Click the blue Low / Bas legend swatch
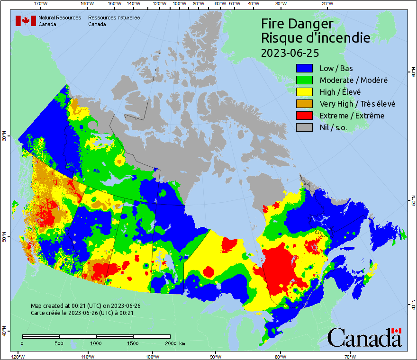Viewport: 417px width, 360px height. [305, 68]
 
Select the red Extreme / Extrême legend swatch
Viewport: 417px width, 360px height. [305, 116]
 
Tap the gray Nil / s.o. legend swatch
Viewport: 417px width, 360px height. [305, 127]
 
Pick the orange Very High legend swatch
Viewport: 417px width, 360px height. [305, 104]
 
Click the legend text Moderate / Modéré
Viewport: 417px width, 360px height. [354, 80]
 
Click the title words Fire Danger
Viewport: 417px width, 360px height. [297, 24]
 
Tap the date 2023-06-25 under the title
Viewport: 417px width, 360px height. [290, 52]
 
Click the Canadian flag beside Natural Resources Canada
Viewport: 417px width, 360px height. [26, 21]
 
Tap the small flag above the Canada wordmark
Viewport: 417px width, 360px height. [396, 330]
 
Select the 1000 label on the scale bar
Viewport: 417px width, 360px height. [96, 343]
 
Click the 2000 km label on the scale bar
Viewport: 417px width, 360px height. [174, 343]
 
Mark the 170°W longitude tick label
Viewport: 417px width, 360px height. [41, 4]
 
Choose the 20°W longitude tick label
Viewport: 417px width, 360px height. [326, 4]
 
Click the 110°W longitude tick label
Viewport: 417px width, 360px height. [87, 356]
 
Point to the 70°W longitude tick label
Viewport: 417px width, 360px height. [350, 356]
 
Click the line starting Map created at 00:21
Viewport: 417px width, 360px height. [85, 306]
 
